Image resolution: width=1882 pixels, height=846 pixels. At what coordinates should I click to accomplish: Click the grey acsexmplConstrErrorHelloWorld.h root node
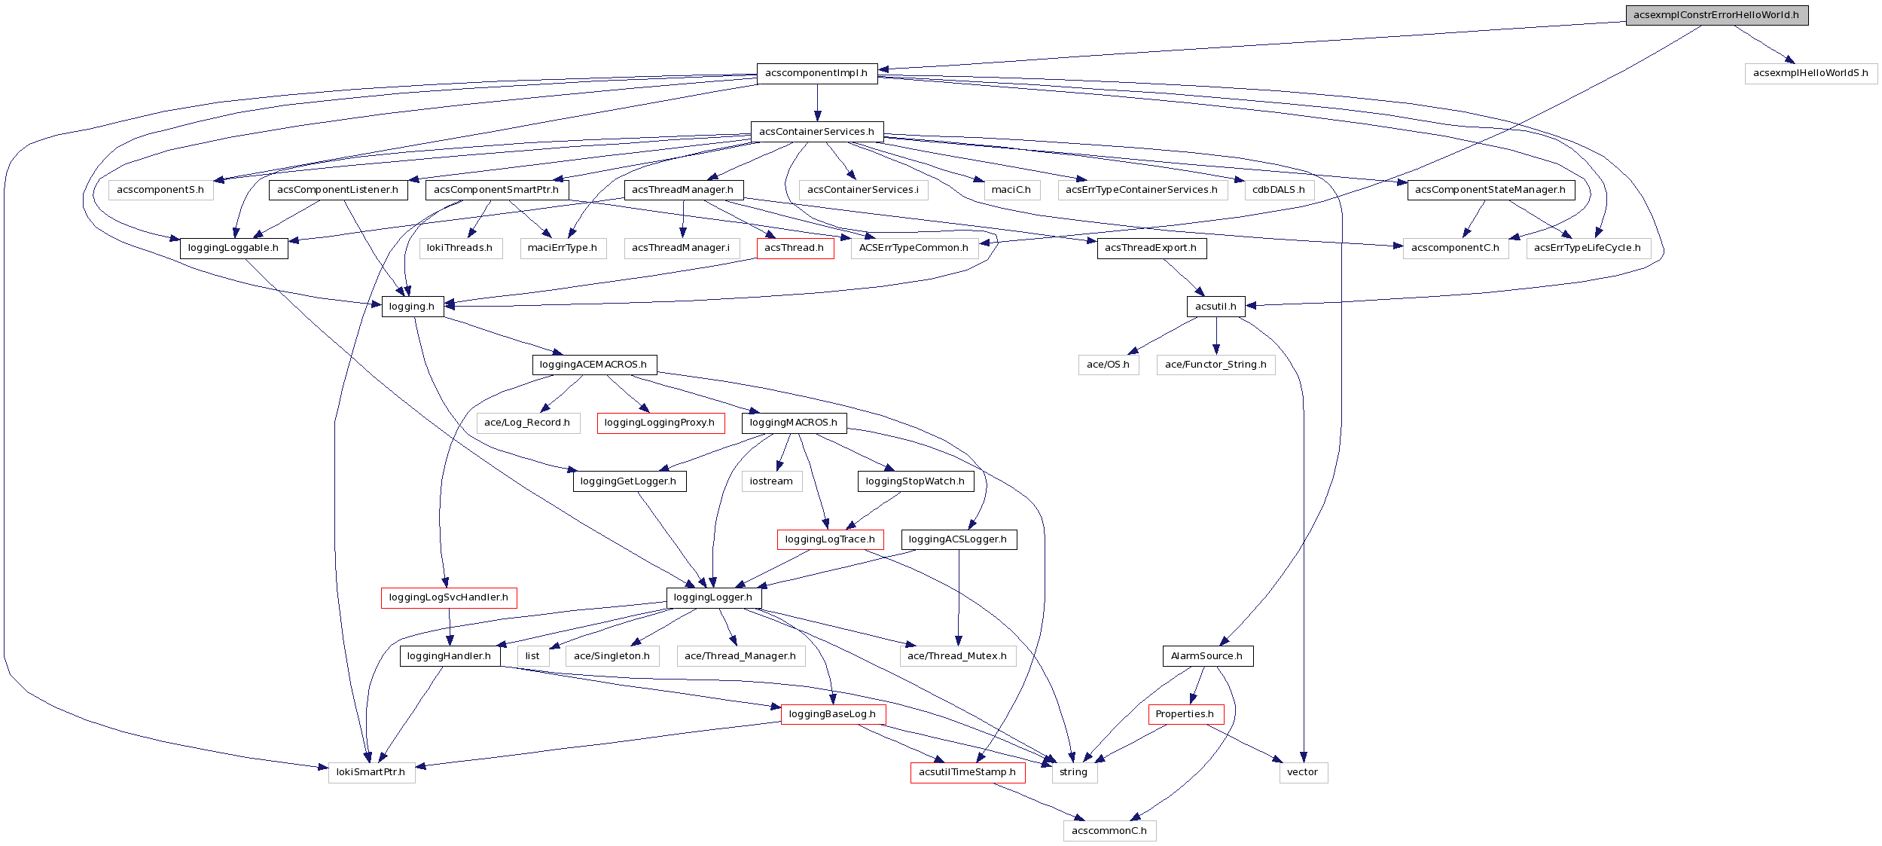[x=1716, y=15]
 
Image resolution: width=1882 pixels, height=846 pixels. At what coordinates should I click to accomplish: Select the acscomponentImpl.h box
[x=816, y=73]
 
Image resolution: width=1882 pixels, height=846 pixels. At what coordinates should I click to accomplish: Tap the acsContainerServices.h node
[x=816, y=132]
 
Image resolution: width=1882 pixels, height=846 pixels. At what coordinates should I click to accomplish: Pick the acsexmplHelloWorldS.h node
[x=1810, y=73]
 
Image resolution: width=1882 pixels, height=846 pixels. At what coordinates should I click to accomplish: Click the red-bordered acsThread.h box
[x=795, y=248]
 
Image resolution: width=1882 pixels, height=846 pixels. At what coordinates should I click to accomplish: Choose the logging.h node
[x=412, y=307]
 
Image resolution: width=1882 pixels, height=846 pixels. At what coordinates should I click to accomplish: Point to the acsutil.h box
[x=1216, y=307]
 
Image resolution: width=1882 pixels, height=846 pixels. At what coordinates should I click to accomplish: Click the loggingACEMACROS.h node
[x=593, y=365]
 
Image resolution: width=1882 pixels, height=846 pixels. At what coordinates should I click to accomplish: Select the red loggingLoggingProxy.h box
[x=660, y=423]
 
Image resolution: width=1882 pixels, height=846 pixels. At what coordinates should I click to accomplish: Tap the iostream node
[x=771, y=481]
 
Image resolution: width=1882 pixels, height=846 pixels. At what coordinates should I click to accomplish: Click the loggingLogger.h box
[x=713, y=597]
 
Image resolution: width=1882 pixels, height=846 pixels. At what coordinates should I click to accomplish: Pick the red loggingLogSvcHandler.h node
[x=449, y=597]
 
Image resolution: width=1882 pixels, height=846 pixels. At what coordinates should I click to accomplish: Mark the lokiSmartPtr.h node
[x=371, y=772]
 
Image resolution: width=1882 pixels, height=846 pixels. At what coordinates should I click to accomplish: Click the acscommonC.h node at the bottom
[x=1109, y=831]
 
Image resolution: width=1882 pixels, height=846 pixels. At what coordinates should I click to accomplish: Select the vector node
[x=1303, y=772]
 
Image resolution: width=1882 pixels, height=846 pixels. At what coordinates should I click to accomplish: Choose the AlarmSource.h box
[x=1207, y=656]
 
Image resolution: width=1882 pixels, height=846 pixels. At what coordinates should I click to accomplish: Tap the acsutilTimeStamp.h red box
[x=967, y=772]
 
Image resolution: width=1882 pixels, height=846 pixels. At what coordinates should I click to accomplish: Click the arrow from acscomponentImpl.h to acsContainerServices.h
[x=817, y=102]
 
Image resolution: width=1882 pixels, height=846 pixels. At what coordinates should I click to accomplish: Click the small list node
[x=532, y=656]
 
